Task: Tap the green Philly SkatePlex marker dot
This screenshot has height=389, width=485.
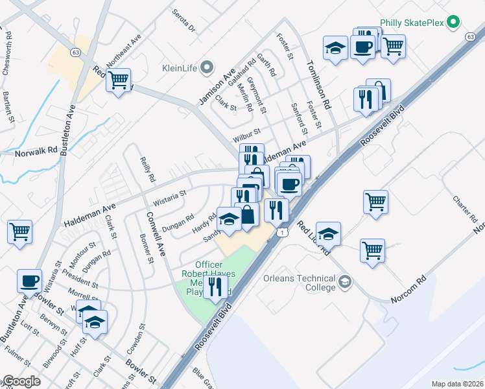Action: (x=454, y=23)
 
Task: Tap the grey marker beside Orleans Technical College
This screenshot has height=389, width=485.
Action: (x=346, y=281)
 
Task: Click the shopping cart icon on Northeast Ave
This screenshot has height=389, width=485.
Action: (x=119, y=80)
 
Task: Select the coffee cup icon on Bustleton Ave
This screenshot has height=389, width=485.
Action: (x=29, y=281)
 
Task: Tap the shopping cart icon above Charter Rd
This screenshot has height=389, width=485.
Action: (x=375, y=202)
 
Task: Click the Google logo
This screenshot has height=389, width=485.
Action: (x=21, y=381)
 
